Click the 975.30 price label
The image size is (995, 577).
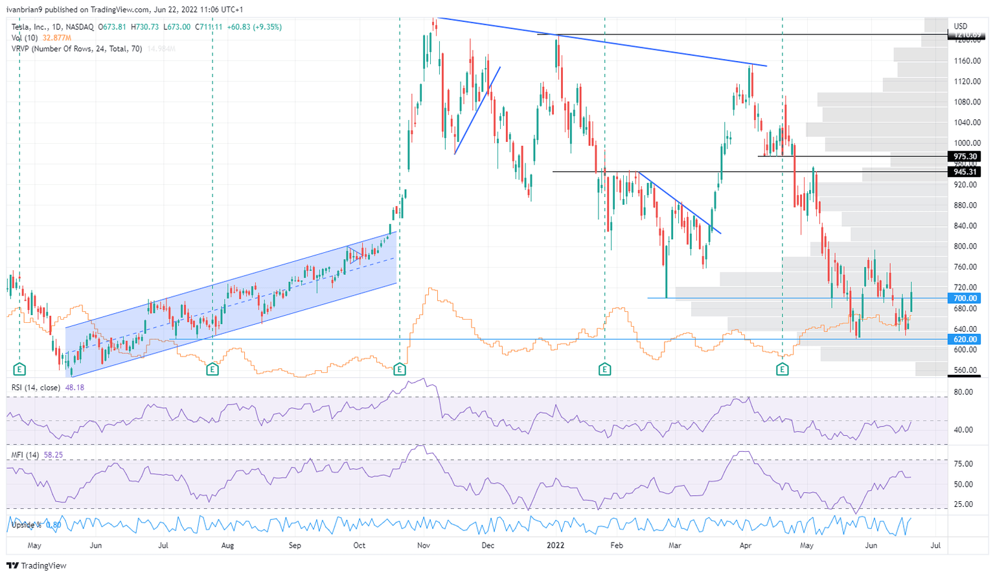(x=965, y=156)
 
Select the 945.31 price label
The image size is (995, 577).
(x=965, y=172)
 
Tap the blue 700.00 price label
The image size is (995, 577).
(x=965, y=298)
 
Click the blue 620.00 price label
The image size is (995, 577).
(x=965, y=339)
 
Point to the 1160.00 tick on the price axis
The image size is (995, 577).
(x=967, y=61)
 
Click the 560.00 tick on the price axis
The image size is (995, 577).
(x=966, y=371)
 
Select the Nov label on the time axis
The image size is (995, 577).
(x=424, y=545)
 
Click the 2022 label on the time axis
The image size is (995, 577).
(x=556, y=545)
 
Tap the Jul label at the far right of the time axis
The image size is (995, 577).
(x=935, y=545)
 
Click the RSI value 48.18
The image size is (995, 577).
(x=74, y=388)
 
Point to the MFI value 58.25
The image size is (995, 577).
(x=53, y=455)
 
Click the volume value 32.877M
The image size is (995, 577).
(x=57, y=38)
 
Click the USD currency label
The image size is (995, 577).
(x=961, y=27)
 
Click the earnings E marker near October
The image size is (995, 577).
(x=400, y=370)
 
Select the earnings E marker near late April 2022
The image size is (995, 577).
(x=783, y=370)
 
